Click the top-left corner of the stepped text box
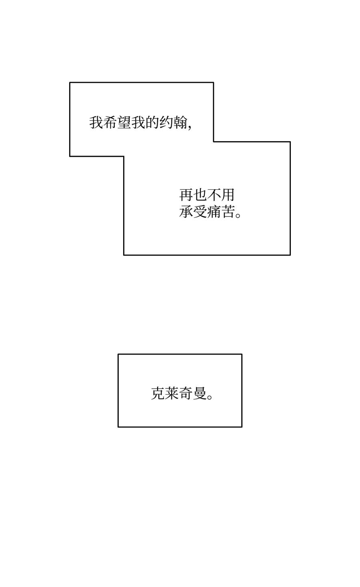coord(70,82)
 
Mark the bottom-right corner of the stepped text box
coord(290,255)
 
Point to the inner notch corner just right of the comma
coord(213,142)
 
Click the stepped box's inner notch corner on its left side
coord(124,156)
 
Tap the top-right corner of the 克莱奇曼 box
coord(242,354)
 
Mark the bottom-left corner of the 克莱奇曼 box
coord(118,427)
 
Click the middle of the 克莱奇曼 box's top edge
coord(180,354)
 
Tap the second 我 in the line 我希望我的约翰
coord(138,122)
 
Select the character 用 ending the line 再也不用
coord(227,195)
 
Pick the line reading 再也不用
coord(207,195)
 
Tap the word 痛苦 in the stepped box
coord(221,212)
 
